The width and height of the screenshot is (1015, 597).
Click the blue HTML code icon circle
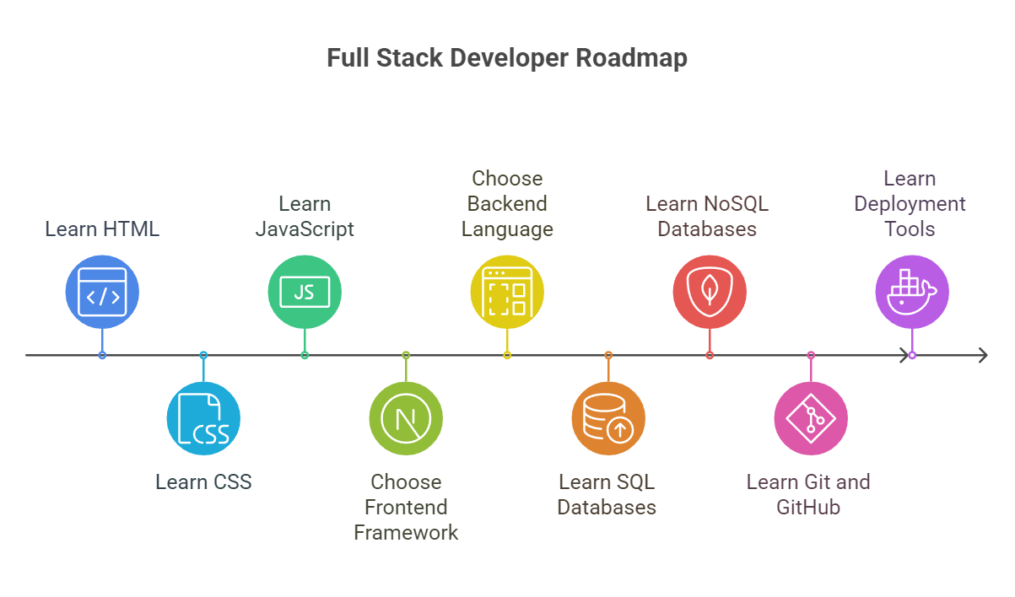[102, 292]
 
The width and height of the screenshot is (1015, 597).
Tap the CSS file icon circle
[203, 418]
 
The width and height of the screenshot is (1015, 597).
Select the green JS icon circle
[305, 292]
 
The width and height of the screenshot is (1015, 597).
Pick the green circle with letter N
[406, 418]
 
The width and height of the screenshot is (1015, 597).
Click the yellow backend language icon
[507, 292]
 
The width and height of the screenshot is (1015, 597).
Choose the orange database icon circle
[608, 418]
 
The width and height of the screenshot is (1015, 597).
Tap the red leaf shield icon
[710, 292]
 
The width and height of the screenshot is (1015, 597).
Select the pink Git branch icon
[811, 418]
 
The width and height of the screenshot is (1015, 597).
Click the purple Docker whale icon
[912, 292]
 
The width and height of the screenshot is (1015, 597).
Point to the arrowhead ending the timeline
[982, 355]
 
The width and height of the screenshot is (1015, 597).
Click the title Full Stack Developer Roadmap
[507, 58]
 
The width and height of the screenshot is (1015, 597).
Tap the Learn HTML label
[102, 229]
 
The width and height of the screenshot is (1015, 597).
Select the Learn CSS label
[203, 482]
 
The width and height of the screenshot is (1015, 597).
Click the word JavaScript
[305, 229]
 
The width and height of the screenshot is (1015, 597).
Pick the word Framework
[406, 533]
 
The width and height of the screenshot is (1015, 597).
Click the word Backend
[507, 204]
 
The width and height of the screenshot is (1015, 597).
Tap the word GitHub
[808, 508]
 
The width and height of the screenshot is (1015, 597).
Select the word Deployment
[910, 204]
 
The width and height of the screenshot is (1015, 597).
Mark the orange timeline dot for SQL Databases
[608, 355]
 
